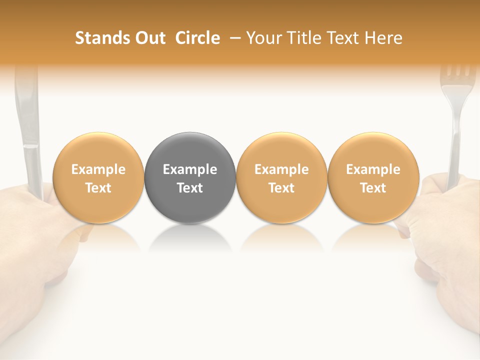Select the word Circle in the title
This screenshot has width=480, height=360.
(x=197, y=38)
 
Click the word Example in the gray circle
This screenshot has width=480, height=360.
(x=190, y=169)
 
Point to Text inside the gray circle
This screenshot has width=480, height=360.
(x=190, y=188)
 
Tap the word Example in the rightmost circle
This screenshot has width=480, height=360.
(x=373, y=169)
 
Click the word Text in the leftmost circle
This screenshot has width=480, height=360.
(x=98, y=188)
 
